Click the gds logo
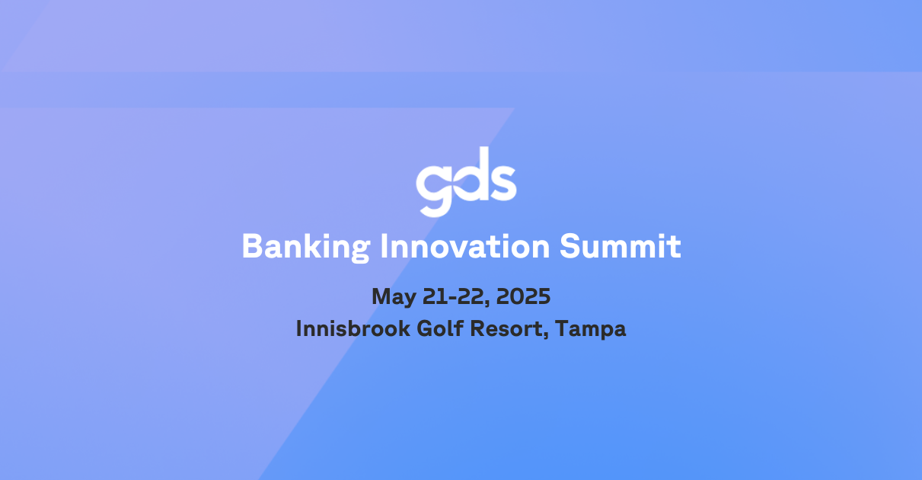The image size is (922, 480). pos(466,181)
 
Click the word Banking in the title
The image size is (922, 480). pos(306,247)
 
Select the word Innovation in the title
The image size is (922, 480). pos(465,246)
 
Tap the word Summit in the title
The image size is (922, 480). pos(621,246)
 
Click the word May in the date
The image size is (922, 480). pos(394,297)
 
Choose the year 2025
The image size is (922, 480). pos(523,296)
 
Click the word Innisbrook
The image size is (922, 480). pos(353,328)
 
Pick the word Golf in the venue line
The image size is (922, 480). pos(440,328)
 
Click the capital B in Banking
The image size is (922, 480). pos(252,246)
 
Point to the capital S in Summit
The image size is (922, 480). pos(569,246)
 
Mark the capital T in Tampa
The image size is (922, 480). pos(563,329)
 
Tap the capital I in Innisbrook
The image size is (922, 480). pos(298,329)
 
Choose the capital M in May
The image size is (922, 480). pos(381,296)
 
